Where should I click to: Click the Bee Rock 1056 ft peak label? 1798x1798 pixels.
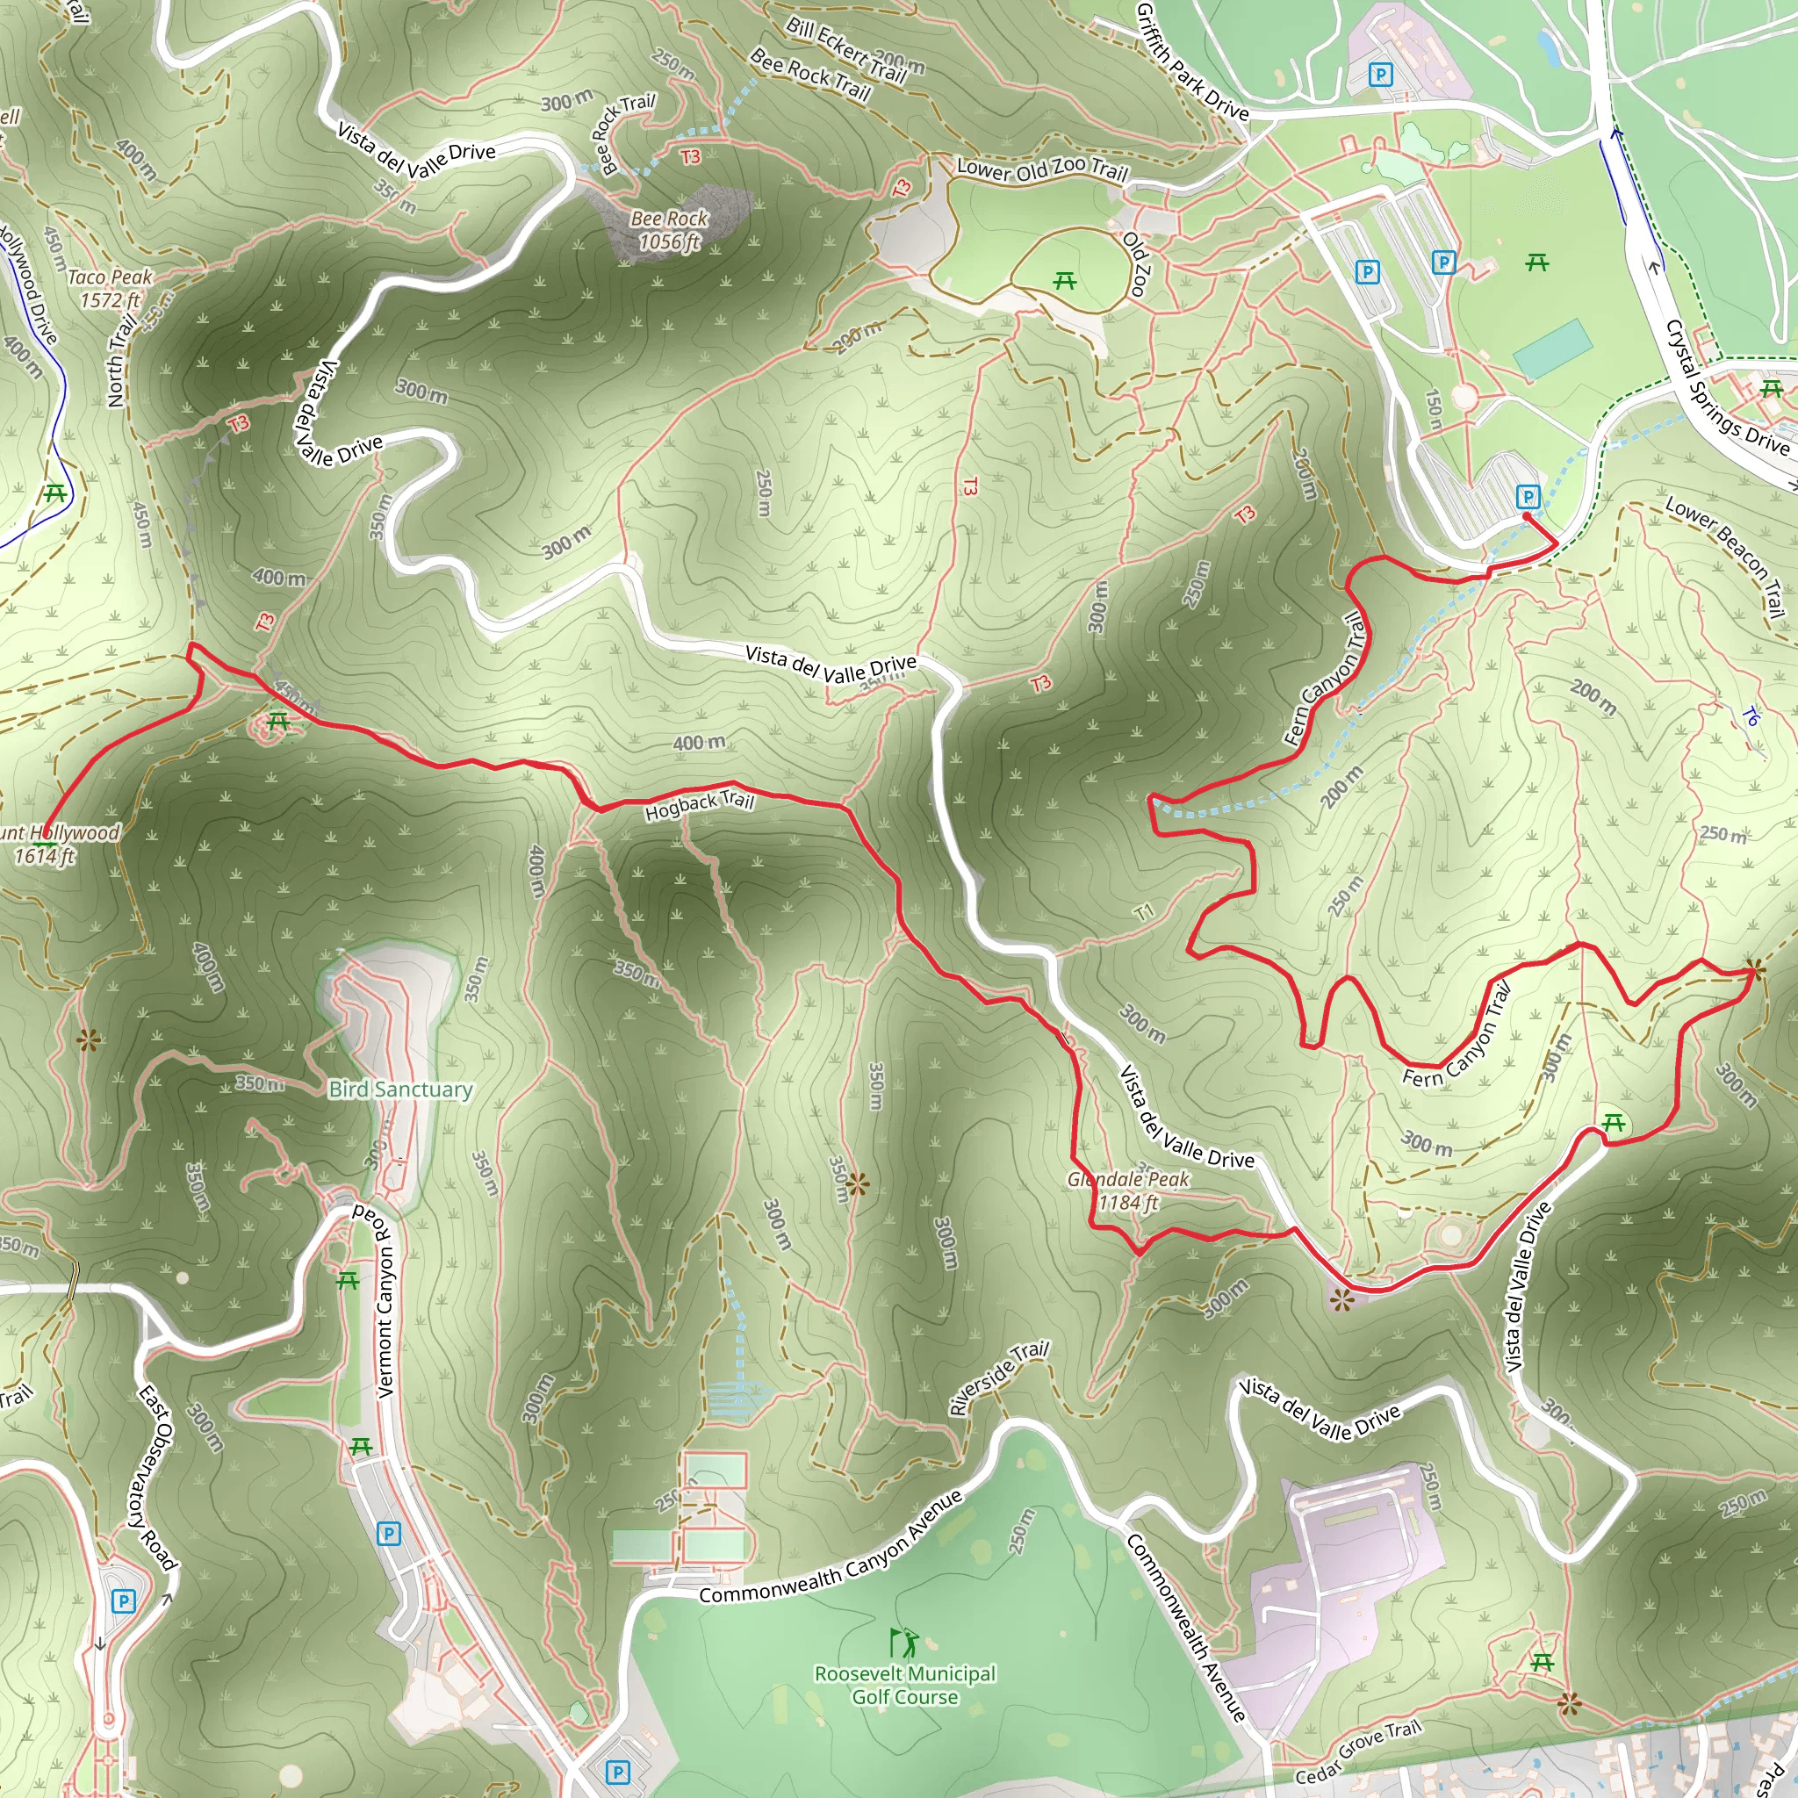coord(669,230)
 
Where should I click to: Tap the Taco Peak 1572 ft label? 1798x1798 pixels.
coord(110,289)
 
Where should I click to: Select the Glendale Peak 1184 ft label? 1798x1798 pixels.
coord(1128,1190)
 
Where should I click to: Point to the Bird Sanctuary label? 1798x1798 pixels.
coord(400,1089)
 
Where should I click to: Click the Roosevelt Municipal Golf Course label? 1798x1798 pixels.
coord(904,1685)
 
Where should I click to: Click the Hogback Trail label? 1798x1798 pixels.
coord(699,805)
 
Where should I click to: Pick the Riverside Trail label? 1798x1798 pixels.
coord(997,1378)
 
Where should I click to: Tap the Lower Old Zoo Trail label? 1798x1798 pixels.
coord(1042,169)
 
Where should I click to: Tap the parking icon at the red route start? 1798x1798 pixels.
coord(1528,496)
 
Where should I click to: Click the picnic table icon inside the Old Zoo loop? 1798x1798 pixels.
coord(1065,280)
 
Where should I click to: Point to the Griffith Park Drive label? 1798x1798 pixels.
coord(1192,63)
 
